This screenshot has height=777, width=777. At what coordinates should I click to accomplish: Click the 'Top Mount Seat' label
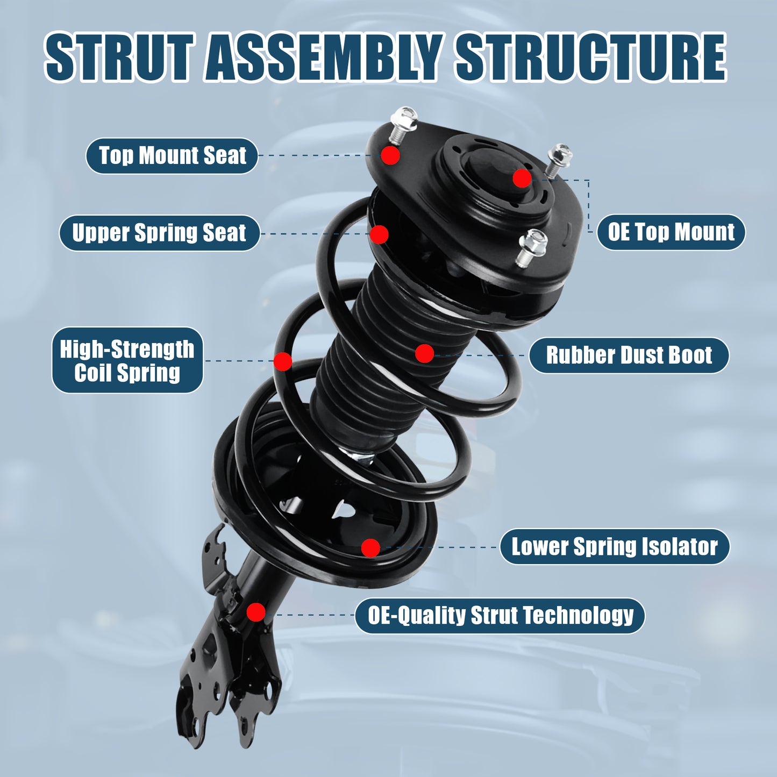coord(172,156)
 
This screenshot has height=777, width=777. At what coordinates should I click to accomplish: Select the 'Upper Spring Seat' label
coord(159,233)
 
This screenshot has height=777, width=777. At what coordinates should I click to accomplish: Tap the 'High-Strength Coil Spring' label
coord(127,360)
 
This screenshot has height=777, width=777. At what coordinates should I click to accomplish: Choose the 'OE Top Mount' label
coord(671,232)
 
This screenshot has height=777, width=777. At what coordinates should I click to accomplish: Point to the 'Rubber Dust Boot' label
coord(629,355)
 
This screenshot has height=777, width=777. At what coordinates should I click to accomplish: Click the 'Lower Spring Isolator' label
coord(615,547)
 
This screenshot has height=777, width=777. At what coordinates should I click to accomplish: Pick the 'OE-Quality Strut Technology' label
coord(500,616)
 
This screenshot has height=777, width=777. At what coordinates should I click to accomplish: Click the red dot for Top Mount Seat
coord(390,155)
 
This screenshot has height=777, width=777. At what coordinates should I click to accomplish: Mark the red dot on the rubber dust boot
coord(424,353)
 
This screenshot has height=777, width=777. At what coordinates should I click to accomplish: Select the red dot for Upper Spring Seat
coord(379,234)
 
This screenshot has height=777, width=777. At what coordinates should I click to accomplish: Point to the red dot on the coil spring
coord(283,361)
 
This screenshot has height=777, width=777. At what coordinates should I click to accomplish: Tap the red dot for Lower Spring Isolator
coord(370,548)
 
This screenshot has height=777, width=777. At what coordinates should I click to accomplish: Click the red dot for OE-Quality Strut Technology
coord(256,612)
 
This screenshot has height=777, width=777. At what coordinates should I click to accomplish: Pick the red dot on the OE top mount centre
coord(522,178)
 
